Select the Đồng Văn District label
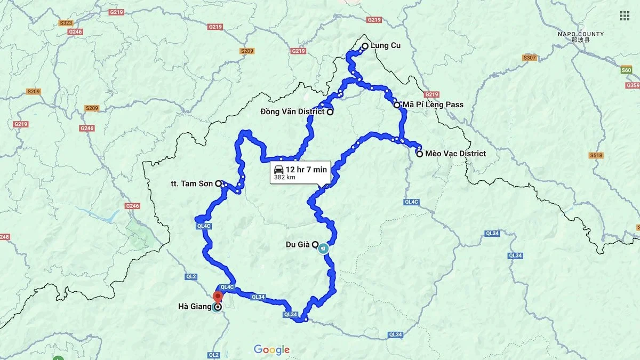[292, 111]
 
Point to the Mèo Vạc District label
[455, 154]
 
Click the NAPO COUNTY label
[581, 34]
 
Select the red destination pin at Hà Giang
[218, 298]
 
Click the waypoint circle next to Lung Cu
[365, 46]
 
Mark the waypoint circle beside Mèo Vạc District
[420, 154]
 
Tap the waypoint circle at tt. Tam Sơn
[218, 183]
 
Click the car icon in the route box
[278, 169]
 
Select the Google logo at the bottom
[271, 350]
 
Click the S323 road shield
[66, 23]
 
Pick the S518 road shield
[596, 155]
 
